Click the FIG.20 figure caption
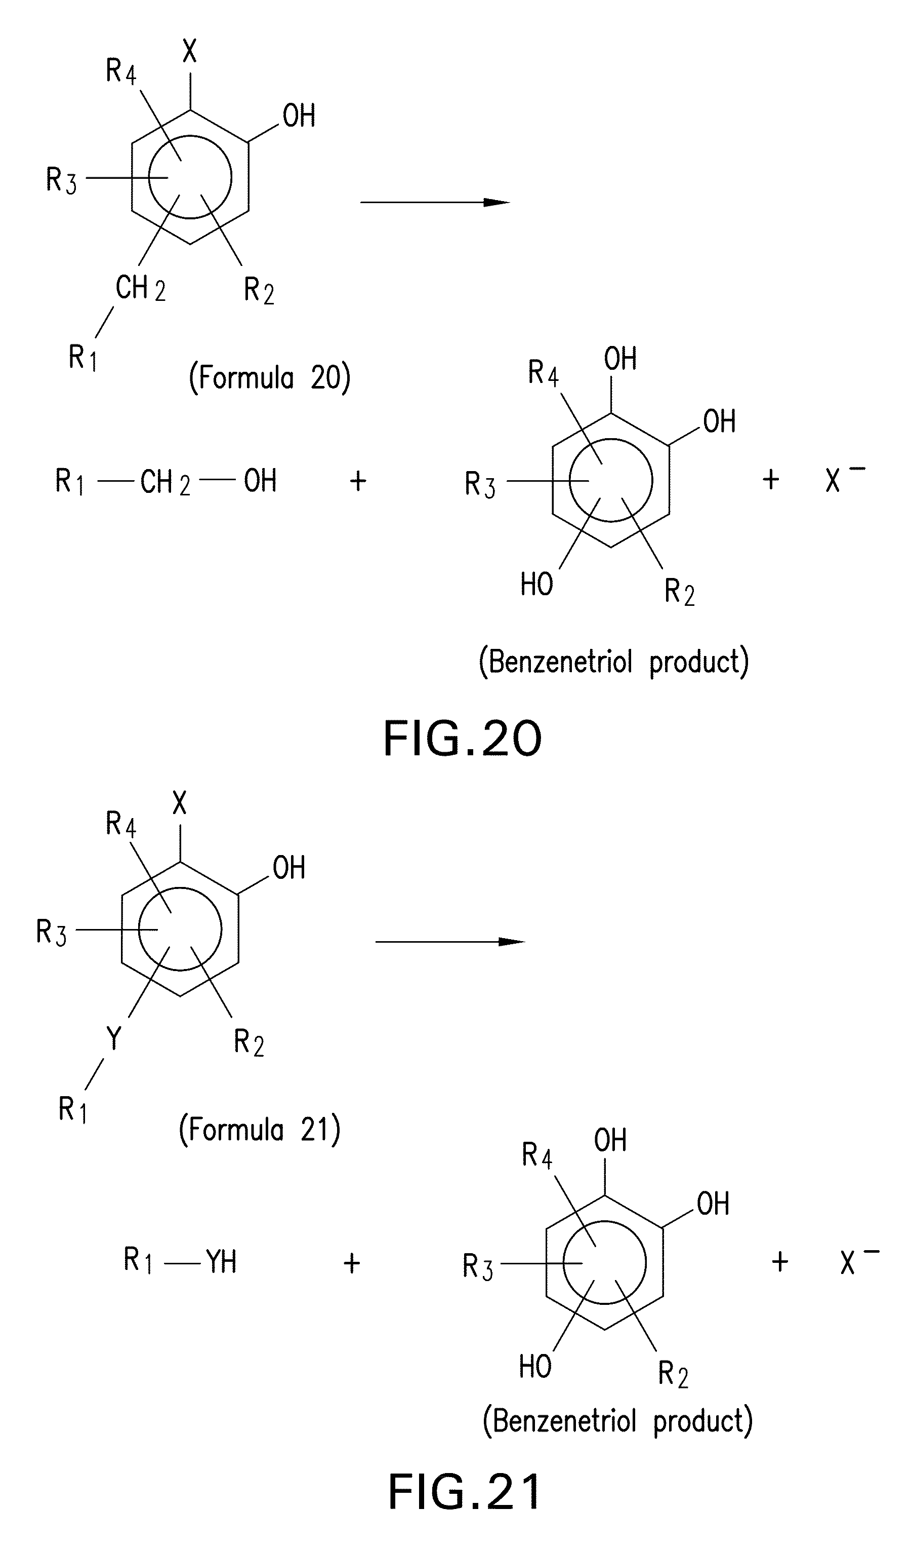462,739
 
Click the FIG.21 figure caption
465,1492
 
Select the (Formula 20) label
269,376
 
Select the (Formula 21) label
259,1129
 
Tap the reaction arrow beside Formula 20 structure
435,202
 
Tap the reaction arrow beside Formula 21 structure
450,942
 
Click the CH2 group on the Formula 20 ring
140,288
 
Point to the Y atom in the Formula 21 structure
113,1038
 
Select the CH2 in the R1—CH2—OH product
164,482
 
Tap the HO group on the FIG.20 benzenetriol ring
536,584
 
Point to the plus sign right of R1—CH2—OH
358,480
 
